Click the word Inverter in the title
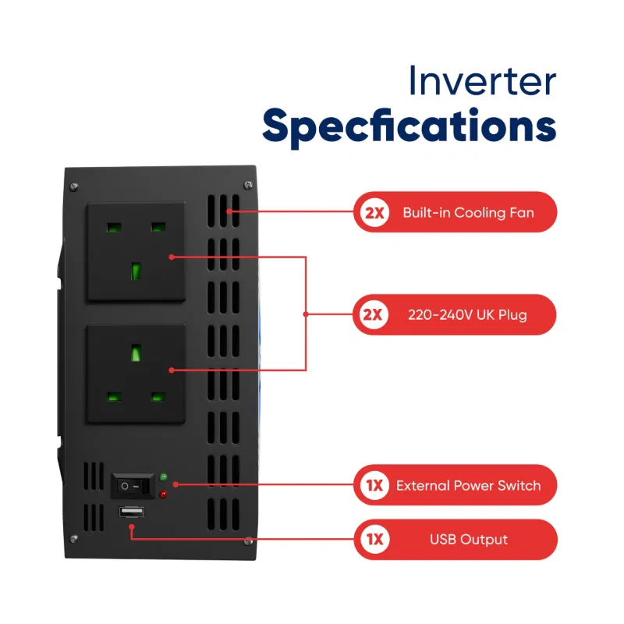pyautogui.click(x=483, y=82)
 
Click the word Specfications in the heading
pyautogui.click(x=409, y=126)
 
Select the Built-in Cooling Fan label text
pyautogui.click(x=468, y=213)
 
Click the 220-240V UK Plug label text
pyautogui.click(x=467, y=315)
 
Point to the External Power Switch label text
pyautogui.click(x=468, y=485)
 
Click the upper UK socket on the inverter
pyautogui.click(x=136, y=251)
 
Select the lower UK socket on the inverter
pyautogui.click(x=136, y=373)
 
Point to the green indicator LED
pyautogui.click(x=164, y=477)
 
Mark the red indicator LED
pyautogui.click(x=164, y=495)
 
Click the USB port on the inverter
pyautogui.click(x=130, y=512)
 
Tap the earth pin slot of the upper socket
pyautogui.click(x=136, y=271)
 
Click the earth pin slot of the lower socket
pyautogui.click(x=136, y=353)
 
